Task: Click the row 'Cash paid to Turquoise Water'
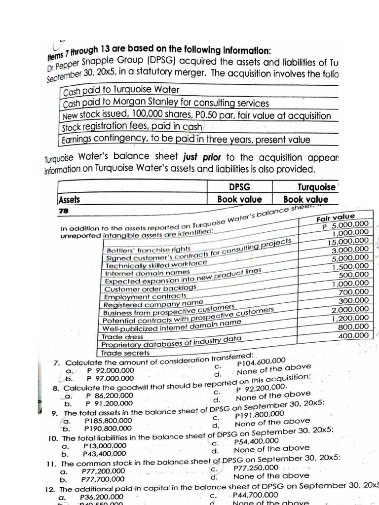click(121, 90)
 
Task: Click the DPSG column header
click(240, 187)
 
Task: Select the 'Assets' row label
click(69, 200)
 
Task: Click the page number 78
click(63, 210)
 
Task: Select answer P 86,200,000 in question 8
click(109, 395)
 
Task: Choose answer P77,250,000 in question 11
click(256, 468)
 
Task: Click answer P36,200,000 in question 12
click(102, 497)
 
